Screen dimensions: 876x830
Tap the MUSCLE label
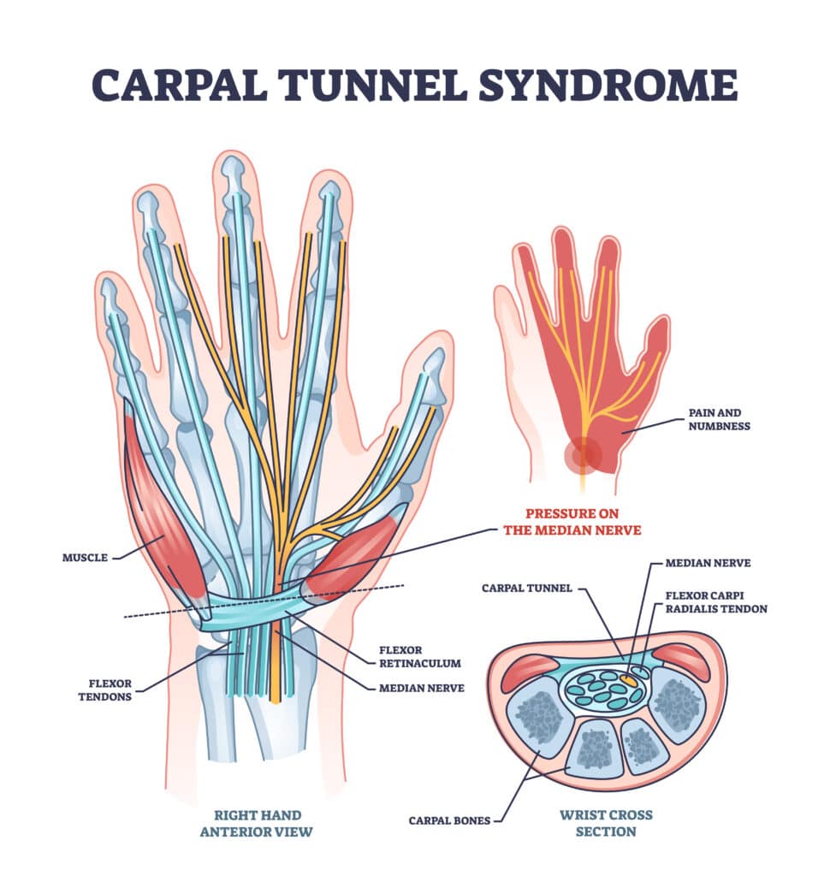[86, 558]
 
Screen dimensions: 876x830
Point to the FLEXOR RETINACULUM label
[420, 654]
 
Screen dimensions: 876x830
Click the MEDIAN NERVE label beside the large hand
[421, 687]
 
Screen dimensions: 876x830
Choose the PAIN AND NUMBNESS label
[720, 418]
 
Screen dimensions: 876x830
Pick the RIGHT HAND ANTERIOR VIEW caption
[258, 824]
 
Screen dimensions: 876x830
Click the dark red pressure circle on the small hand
[583, 454]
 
